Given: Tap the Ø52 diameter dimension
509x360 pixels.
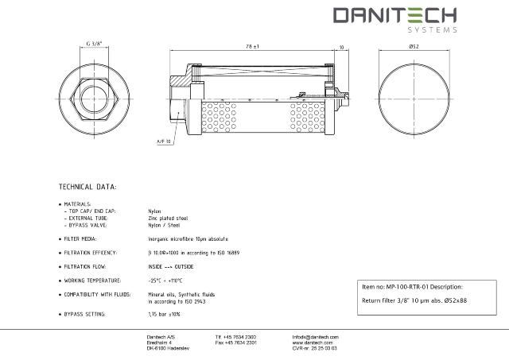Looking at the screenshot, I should [x=414, y=48].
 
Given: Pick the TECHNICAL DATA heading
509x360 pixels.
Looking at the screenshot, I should [x=88, y=187].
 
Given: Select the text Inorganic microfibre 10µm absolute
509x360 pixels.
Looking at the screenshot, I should [x=188, y=238].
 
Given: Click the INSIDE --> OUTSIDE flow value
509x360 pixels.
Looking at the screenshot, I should [x=171, y=266].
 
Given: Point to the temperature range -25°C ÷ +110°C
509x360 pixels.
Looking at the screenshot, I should [x=165, y=281].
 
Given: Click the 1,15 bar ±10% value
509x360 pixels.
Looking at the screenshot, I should [x=165, y=315].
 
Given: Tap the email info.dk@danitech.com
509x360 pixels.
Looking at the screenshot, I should [x=316, y=337].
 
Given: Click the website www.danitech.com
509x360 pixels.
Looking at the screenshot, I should [x=311, y=343].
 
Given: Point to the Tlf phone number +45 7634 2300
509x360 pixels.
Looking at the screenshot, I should [x=235, y=337].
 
